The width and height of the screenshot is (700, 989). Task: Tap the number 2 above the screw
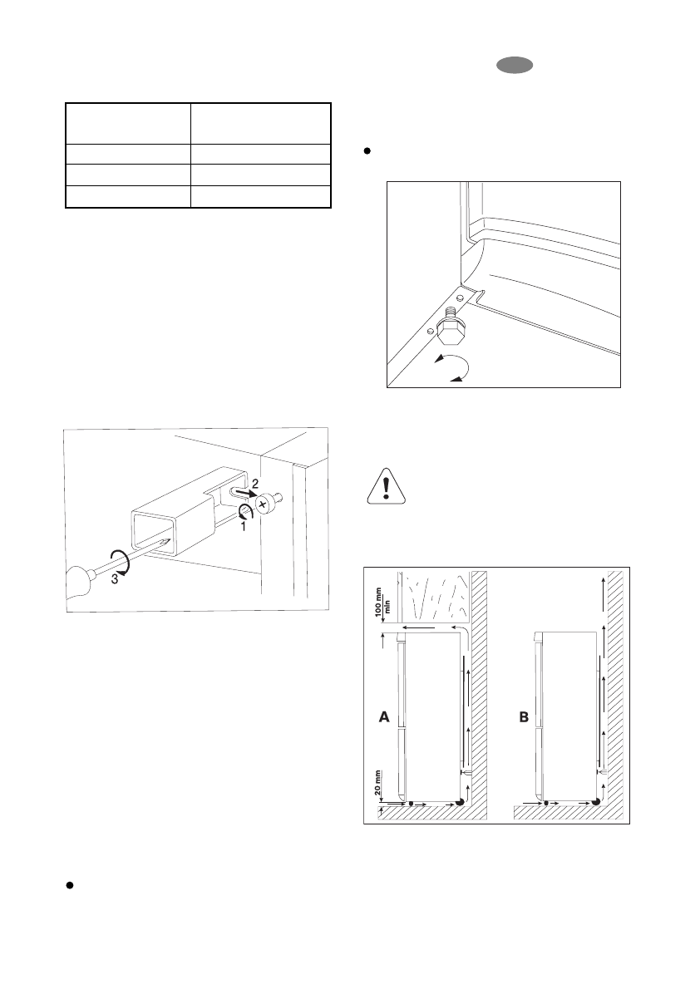[256, 483]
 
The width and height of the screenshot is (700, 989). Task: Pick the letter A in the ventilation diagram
[383, 717]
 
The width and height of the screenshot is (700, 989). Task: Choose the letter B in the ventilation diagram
[523, 717]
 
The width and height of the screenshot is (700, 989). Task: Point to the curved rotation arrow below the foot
[449, 367]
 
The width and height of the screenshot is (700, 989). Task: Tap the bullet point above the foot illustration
[366, 153]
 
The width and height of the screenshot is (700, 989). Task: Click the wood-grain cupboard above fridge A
[436, 594]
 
